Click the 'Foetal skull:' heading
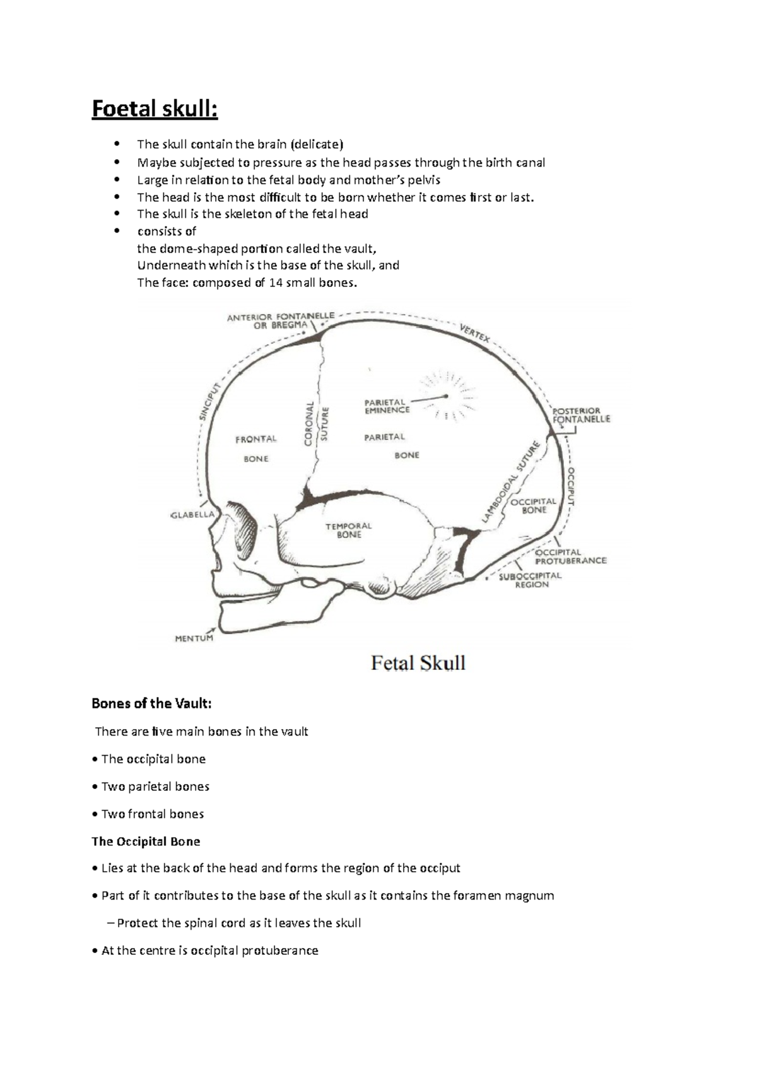click(x=155, y=109)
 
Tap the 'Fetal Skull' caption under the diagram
click(x=418, y=664)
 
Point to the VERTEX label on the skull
click(x=474, y=333)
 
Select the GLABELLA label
click(x=192, y=515)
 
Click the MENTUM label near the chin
click(x=194, y=638)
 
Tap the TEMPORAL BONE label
click(x=348, y=530)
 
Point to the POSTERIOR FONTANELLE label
click(x=581, y=414)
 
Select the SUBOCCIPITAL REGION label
click(x=530, y=580)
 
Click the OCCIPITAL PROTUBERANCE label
click(x=570, y=556)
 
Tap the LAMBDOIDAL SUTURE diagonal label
click(x=512, y=483)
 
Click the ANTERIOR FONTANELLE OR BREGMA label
click(x=281, y=320)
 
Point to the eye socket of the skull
click(x=242, y=522)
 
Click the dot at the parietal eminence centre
click(x=445, y=396)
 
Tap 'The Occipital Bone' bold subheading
click(x=146, y=841)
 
